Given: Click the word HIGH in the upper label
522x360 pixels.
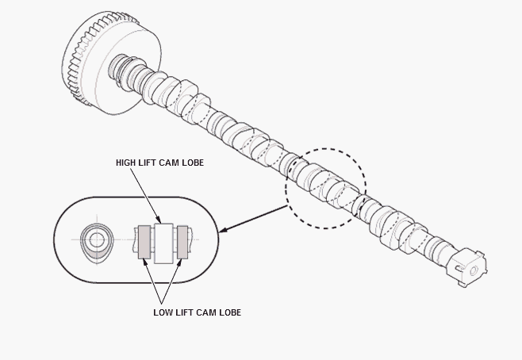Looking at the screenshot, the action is pyautogui.click(x=125, y=163).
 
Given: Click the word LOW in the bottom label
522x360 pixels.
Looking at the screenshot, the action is pyautogui.click(x=163, y=312).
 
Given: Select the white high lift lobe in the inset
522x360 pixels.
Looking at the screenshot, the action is pyautogui.click(x=163, y=243).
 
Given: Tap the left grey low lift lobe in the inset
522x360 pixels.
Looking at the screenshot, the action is pyautogui.click(x=144, y=242).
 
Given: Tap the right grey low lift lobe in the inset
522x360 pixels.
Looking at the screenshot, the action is pyautogui.click(x=182, y=242).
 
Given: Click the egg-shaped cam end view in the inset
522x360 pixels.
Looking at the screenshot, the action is pyautogui.click(x=97, y=241).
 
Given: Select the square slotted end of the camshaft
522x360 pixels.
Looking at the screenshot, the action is pyautogui.click(x=466, y=267).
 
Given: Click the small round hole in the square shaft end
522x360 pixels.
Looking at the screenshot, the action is pyautogui.click(x=474, y=270).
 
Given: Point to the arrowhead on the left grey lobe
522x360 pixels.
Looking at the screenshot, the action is pyautogui.click(x=145, y=262).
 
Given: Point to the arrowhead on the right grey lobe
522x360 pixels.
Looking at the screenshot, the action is pyautogui.click(x=179, y=262).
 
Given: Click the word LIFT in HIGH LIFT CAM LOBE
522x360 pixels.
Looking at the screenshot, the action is pyautogui.click(x=147, y=163).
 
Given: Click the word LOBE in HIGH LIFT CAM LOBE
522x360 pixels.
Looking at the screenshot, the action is pyautogui.click(x=193, y=163).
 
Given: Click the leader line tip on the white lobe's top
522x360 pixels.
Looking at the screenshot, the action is pyautogui.click(x=160, y=222).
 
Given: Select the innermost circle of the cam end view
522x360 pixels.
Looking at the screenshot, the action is pyautogui.click(x=97, y=239).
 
